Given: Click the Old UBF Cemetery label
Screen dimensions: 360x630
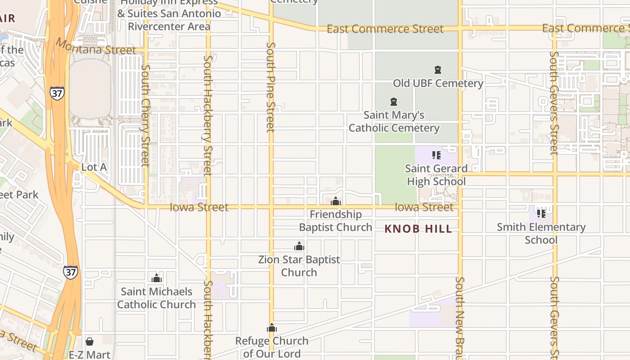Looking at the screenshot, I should (x=438, y=83).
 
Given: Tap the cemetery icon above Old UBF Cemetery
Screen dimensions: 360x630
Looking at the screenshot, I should (x=438, y=70).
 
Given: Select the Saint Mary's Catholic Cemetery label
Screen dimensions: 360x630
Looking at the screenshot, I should (x=394, y=121).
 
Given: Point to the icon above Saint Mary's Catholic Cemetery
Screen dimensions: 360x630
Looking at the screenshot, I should (x=394, y=102).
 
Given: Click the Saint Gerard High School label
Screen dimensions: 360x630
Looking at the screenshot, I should (x=436, y=175).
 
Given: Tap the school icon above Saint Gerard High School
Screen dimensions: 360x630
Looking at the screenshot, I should (x=436, y=155).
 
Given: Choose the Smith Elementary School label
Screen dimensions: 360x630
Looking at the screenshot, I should (x=541, y=233).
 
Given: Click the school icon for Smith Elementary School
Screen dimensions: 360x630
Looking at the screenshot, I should (x=541, y=213).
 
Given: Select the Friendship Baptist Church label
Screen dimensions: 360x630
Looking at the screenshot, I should (x=335, y=221).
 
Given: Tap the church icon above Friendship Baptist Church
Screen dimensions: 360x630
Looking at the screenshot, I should (x=335, y=201).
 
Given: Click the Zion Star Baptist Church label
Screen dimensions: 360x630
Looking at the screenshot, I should (x=299, y=266).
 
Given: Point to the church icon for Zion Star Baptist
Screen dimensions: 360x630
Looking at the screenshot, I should (x=299, y=246).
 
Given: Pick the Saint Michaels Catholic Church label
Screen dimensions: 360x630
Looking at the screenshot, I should (x=157, y=298).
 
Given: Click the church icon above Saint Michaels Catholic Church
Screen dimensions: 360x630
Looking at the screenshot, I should (x=157, y=278).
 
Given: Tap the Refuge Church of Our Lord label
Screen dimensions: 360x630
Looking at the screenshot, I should (x=272, y=347).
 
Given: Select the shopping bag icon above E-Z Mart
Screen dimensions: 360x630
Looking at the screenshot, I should (x=90, y=342).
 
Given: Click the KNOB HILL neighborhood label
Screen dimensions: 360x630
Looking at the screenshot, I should (x=418, y=229).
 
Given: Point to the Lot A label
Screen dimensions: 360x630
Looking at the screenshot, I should (x=94, y=167).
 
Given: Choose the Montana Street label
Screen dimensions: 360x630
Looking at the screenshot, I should (x=95, y=47).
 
